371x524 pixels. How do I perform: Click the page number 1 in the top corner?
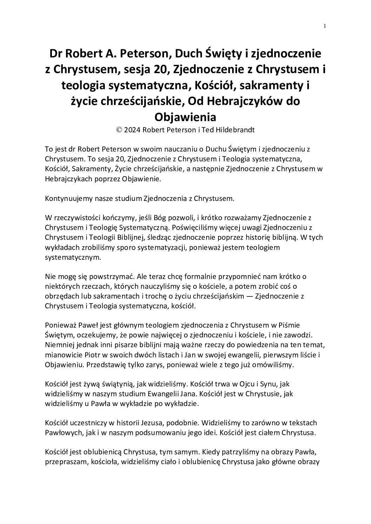point(325,26)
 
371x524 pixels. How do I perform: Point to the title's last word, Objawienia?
point(185,116)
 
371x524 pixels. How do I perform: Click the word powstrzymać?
point(100,277)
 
